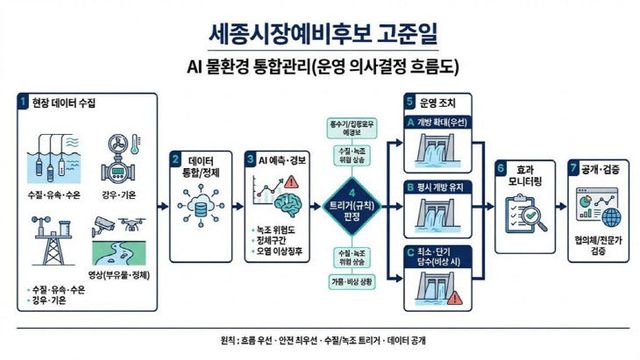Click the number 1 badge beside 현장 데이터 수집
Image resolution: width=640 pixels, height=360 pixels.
[22, 102]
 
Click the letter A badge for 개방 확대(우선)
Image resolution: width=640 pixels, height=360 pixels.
[410, 121]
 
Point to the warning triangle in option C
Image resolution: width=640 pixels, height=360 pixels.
[456, 298]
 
